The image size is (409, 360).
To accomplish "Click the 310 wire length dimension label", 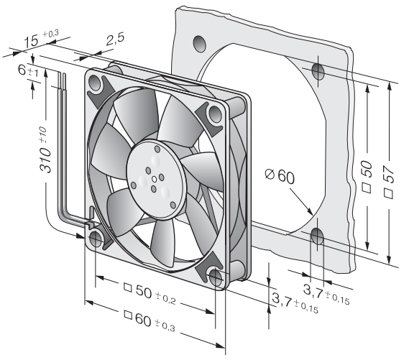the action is point(45,149).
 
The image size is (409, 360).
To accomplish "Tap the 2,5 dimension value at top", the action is point(115,39).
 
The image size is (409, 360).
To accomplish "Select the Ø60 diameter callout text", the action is point(280,176).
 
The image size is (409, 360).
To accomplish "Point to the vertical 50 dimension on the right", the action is point(367,177).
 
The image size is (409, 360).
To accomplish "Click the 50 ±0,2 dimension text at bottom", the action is point(150,293).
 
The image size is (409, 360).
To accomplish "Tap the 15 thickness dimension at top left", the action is point(41,39).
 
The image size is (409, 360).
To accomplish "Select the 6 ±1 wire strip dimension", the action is point(28,71).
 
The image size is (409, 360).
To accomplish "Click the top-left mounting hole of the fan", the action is point(95,82).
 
